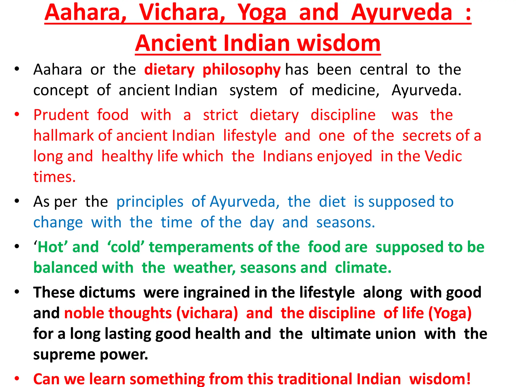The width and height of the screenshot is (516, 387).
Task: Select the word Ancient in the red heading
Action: tap(177, 43)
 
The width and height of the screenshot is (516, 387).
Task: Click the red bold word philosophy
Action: tap(241, 70)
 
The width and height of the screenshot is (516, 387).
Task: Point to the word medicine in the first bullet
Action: tap(345, 90)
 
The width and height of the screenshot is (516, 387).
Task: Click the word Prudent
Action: tap(61, 115)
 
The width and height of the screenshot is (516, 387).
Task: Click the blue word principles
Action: tap(150, 202)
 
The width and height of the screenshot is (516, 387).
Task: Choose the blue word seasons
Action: tap(345, 223)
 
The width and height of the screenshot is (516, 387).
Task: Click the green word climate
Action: tap(363, 268)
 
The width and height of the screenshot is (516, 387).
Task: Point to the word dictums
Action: tap(107, 293)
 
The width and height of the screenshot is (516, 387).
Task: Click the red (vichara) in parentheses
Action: tap(207, 313)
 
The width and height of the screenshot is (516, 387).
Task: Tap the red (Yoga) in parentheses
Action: tap(450, 313)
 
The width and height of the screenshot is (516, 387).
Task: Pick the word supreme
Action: tap(64, 355)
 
